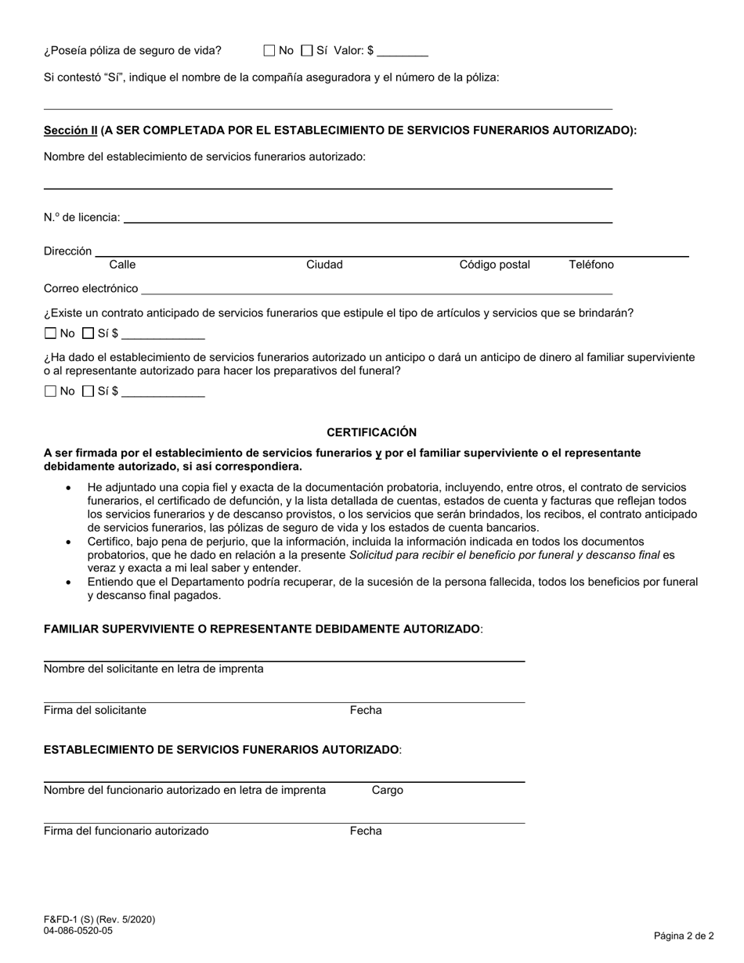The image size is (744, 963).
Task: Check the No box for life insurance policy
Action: [x=269, y=51]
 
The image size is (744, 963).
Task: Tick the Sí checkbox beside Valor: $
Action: [x=307, y=51]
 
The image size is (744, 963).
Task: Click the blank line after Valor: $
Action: [x=403, y=55]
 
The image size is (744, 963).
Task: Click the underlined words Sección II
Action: [x=70, y=131]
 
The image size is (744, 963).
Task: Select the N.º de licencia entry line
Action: [x=368, y=221]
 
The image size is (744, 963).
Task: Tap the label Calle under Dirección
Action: [x=122, y=265]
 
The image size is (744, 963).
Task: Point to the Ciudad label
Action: [x=324, y=265]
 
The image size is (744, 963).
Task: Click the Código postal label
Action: [x=494, y=265]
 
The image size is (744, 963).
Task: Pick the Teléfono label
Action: [x=591, y=265]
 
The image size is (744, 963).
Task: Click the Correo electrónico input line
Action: [x=376, y=292]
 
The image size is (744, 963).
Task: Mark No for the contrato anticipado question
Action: [x=51, y=334]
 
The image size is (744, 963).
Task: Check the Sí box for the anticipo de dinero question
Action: [x=88, y=391]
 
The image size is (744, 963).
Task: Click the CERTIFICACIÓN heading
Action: [x=371, y=432]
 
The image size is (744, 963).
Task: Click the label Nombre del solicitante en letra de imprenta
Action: [x=153, y=669]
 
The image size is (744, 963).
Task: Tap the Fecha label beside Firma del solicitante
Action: [x=366, y=711]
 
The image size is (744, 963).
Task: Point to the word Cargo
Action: [x=388, y=791]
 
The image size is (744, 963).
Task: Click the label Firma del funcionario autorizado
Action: [x=126, y=831]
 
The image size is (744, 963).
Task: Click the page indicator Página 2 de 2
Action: [x=684, y=936]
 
